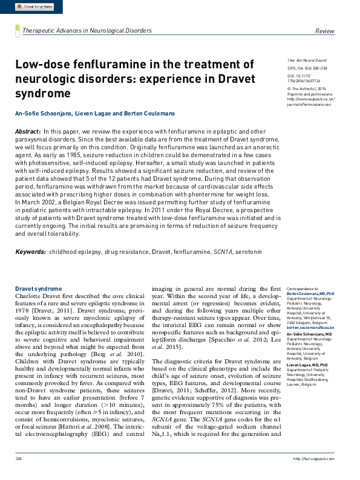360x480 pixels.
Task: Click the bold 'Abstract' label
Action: click(28, 131)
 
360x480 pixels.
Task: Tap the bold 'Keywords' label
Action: click(30, 251)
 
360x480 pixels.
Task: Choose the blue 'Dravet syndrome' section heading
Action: click(39, 289)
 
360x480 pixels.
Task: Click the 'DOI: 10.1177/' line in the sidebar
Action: click(302, 76)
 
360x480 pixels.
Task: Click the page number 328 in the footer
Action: click(19, 475)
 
